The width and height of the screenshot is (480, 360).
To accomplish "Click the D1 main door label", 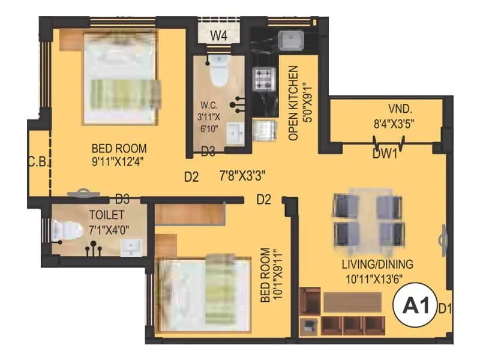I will pos(445,309).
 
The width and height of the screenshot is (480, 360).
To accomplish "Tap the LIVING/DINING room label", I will pos(378,264).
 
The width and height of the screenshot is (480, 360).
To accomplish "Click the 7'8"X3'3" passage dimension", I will pos(242,176).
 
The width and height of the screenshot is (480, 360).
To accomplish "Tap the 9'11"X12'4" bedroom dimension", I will pos(119,161).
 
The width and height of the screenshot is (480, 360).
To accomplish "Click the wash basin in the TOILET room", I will pos(131,247).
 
